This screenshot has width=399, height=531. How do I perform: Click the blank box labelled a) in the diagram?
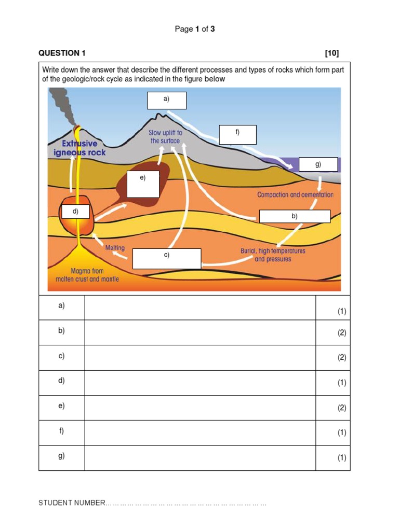pos(166,101)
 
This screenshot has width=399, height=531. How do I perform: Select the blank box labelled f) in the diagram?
pos(237,135)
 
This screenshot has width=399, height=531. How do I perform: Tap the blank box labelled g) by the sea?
pos(318,164)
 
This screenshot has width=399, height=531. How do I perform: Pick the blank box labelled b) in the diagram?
pos(295,216)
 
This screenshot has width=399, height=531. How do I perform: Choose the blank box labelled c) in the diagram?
pos(166,259)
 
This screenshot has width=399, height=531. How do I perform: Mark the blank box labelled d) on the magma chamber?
pos(75,212)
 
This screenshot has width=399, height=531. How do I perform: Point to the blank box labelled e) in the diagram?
pos(143,184)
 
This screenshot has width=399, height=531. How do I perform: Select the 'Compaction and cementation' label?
pos(295,195)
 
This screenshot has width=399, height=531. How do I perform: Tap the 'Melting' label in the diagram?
pos(115,248)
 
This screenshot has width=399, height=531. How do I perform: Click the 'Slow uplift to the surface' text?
pos(165,137)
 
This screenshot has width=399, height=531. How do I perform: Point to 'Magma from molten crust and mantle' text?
pos(87,275)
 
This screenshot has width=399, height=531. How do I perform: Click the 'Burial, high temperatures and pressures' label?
pos(273,255)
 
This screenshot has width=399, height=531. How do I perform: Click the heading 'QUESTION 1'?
pos(62,53)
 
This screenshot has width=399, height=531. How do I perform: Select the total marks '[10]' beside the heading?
pos(331,53)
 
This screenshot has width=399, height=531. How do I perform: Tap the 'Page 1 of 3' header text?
pos(195,29)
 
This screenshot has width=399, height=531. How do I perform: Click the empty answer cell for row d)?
pos(200,383)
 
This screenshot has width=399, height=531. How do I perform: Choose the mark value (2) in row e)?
pos(341,408)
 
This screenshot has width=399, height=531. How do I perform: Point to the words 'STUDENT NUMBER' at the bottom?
pos(72,503)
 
